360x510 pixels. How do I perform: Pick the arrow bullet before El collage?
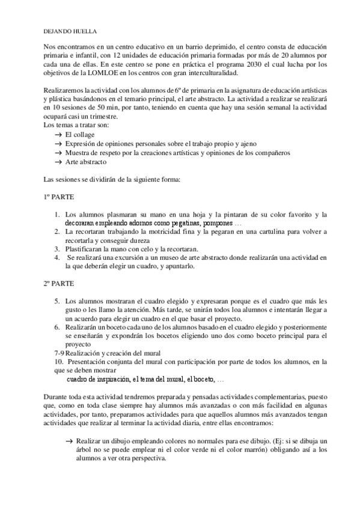click(58, 135)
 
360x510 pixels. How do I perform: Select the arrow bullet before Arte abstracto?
click(58, 162)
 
